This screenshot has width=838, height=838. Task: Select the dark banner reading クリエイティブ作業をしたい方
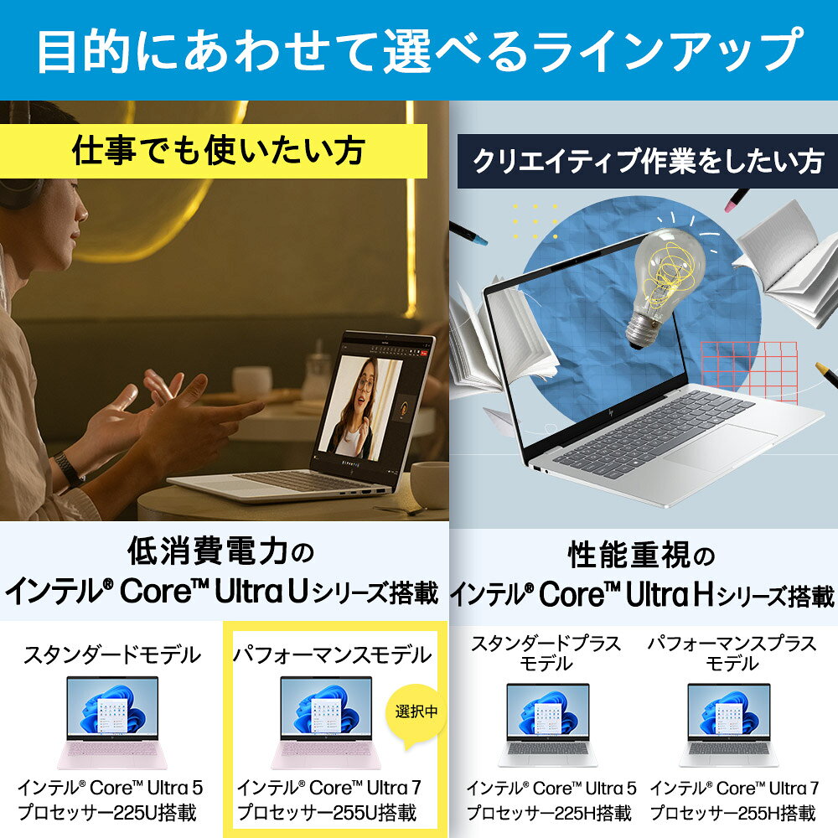[x=647, y=162]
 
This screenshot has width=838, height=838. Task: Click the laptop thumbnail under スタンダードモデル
[x=112, y=722]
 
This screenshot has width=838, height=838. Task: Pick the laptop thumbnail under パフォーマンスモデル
[x=326, y=722]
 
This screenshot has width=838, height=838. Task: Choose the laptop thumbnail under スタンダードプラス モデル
[x=548, y=725]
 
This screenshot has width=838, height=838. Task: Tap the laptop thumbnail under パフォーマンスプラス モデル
[x=729, y=725]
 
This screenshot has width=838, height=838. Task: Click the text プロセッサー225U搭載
[x=107, y=812]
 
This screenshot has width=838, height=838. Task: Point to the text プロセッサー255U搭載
[x=327, y=812]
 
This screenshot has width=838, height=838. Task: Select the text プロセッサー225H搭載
[x=550, y=813]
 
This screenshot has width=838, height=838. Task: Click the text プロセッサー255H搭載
[x=732, y=813]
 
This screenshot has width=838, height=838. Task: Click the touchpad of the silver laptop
[x=720, y=447]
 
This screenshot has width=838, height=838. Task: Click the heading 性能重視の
[x=641, y=555]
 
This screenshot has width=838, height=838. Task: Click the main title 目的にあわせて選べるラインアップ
[x=420, y=50]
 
